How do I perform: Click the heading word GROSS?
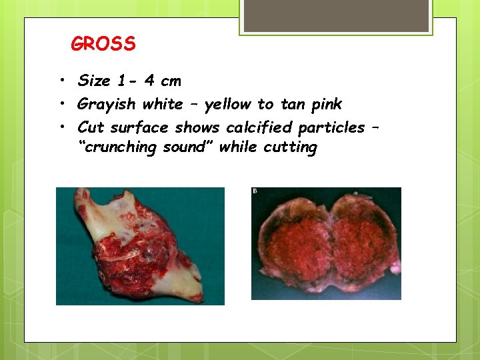point(103,45)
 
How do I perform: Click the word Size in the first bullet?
point(94,81)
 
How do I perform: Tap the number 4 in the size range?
point(149,81)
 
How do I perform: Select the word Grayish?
point(106,104)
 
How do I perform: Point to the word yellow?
point(228,104)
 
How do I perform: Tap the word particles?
point(331,127)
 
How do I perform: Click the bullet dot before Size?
point(60,81)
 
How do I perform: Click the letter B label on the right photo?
point(255,191)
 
